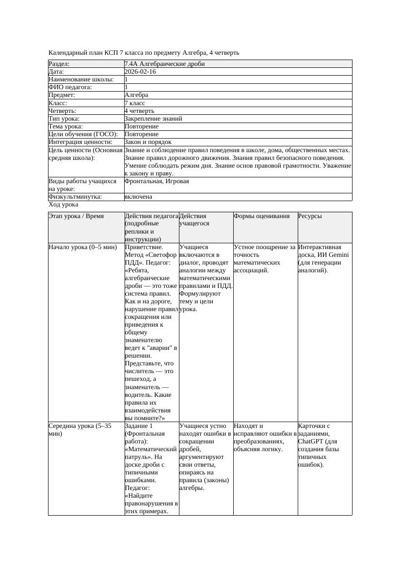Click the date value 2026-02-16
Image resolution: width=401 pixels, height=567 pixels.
click(140, 72)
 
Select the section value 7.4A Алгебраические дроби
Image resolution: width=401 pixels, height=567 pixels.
click(164, 64)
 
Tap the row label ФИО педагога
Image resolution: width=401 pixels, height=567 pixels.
click(70, 87)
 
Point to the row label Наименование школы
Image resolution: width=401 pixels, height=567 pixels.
click(81, 79)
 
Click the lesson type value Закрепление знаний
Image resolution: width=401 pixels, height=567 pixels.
click(153, 119)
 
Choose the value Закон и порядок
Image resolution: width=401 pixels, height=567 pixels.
click(148, 142)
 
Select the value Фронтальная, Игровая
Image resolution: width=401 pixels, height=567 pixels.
click(157, 181)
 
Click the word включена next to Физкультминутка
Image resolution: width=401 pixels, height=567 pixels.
click(138, 197)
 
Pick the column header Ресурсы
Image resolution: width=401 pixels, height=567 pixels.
click(310, 216)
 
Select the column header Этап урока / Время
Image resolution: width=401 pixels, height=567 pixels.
click(76, 216)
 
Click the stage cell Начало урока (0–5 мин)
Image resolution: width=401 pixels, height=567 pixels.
click(83, 247)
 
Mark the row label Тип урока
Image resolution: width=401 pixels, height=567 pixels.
click(64, 119)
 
